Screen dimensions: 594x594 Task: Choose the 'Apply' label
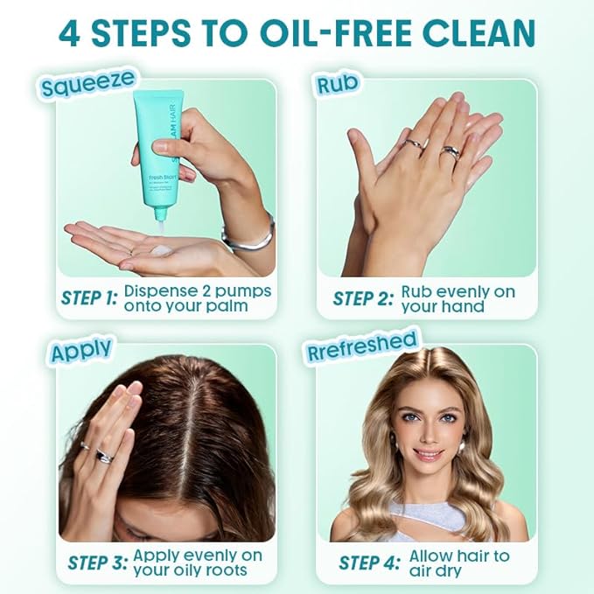click(80, 350)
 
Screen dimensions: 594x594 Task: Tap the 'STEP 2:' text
click(362, 298)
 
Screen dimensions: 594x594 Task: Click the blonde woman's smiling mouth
click(428, 454)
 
